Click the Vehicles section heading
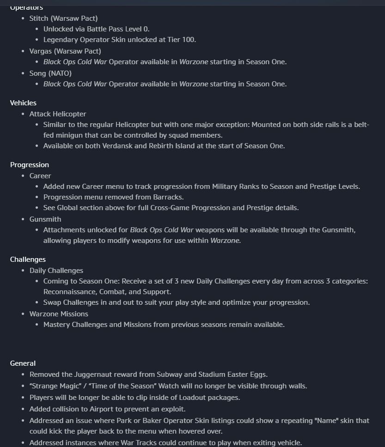(x=23, y=103)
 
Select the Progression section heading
(x=30, y=165)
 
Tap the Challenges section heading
(x=28, y=260)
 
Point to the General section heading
(x=23, y=363)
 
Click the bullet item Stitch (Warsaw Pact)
(x=63, y=18)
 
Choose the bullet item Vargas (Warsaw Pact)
(x=65, y=51)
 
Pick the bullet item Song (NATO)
(x=50, y=73)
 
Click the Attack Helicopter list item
(x=58, y=114)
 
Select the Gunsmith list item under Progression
(x=45, y=219)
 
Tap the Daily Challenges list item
(x=56, y=271)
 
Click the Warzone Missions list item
(x=59, y=314)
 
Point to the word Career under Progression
(x=40, y=176)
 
